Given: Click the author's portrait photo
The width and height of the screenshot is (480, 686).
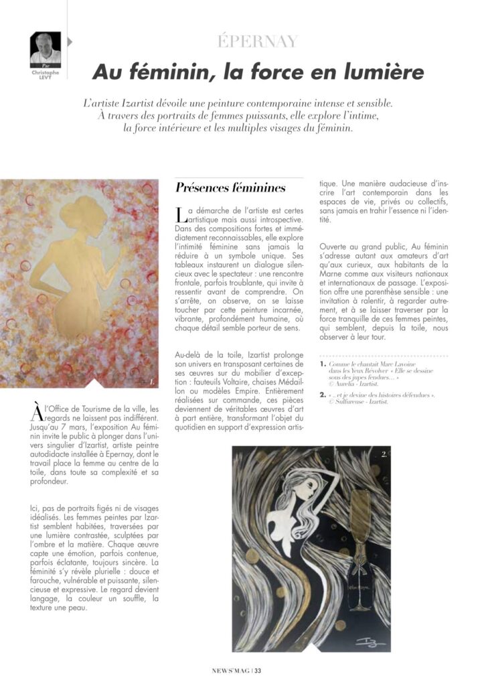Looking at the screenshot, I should [x=46, y=48].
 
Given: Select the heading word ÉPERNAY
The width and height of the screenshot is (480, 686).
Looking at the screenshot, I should [x=257, y=42].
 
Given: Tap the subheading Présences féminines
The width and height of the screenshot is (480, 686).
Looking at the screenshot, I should [x=230, y=188].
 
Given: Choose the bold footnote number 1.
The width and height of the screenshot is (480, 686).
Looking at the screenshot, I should [x=323, y=364].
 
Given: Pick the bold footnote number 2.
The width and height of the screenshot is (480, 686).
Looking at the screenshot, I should [x=323, y=395].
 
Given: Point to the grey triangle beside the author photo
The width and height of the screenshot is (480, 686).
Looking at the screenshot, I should [x=70, y=42].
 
